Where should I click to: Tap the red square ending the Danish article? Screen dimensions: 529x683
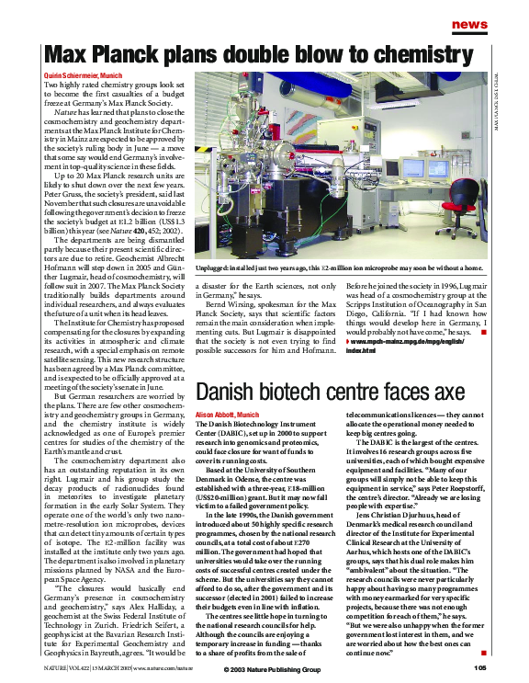482,655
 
